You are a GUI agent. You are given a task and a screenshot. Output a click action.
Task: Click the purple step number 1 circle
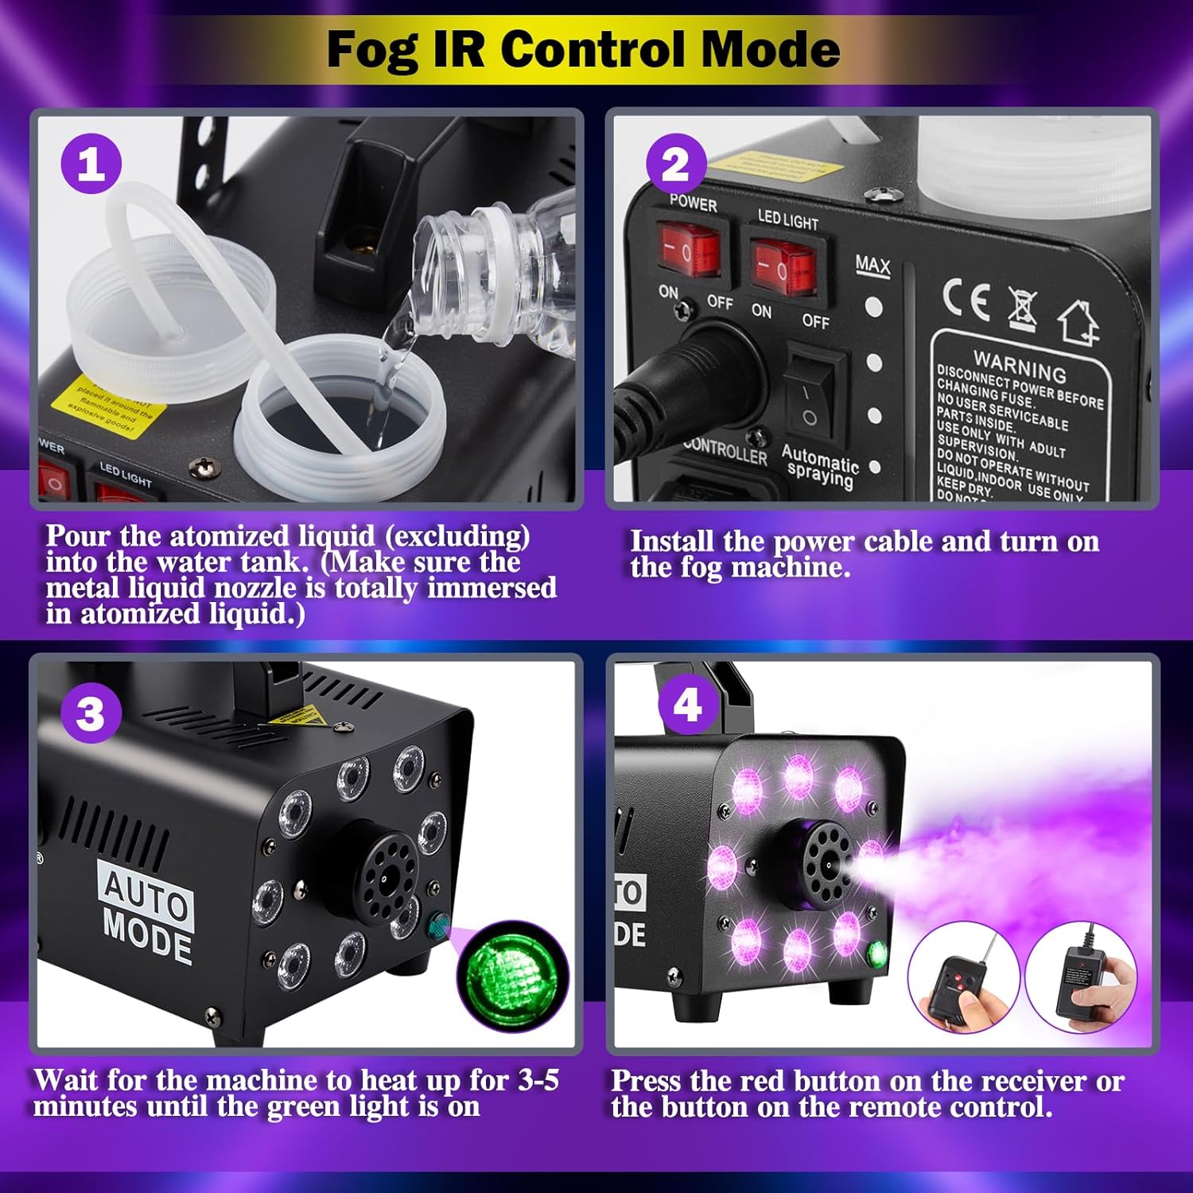(x=91, y=165)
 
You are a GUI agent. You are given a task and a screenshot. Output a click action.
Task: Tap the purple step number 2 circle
(x=675, y=165)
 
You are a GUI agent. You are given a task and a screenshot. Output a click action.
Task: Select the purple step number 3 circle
(x=91, y=713)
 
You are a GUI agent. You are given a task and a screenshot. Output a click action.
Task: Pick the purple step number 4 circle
(x=688, y=705)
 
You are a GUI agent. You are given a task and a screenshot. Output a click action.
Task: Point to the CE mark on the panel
(x=966, y=300)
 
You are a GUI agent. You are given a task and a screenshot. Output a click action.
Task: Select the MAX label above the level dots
(x=872, y=265)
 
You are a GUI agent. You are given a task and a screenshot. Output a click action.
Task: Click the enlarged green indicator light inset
(x=513, y=976)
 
